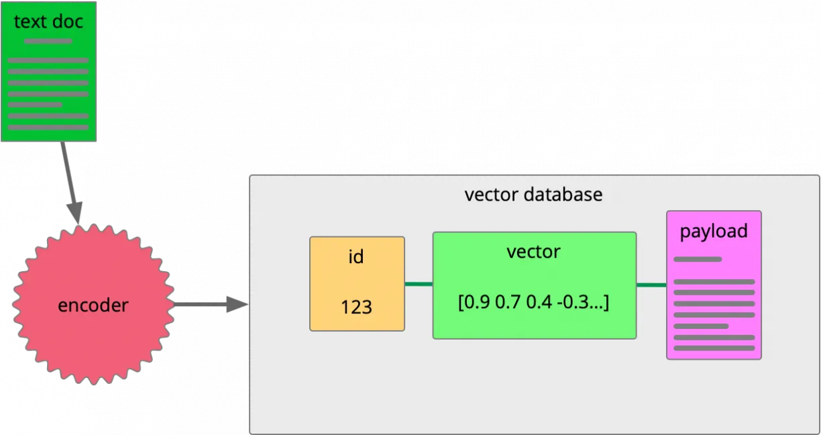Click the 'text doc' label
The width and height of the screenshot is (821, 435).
click(x=48, y=21)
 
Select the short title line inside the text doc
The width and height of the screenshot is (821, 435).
click(x=48, y=41)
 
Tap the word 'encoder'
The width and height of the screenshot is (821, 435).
click(x=93, y=305)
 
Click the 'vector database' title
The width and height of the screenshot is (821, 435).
click(x=533, y=195)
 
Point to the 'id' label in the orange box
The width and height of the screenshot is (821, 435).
click(x=356, y=256)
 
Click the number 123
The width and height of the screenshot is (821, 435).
click(x=356, y=307)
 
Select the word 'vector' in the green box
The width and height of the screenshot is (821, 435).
click(x=533, y=252)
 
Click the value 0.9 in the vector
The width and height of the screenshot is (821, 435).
click(x=478, y=303)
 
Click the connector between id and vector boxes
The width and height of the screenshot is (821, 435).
click(x=419, y=284)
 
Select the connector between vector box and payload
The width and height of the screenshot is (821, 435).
click(x=651, y=285)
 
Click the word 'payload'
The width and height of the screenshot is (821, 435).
click(x=714, y=231)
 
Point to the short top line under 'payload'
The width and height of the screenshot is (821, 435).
click(x=698, y=259)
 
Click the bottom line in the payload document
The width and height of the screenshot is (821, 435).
click(x=714, y=348)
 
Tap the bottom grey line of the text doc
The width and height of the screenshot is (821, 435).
click(x=48, y=127)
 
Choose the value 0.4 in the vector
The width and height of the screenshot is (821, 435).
click(x=539, y=303)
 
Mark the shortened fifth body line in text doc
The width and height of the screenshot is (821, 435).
click(x=35, y=105)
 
